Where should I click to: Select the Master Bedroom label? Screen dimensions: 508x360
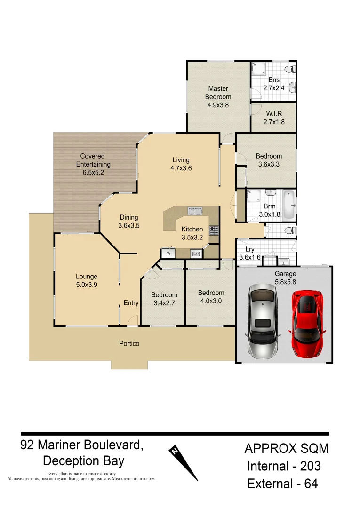(x=218, y=93)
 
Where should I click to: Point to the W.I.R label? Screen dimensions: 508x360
(x=274, y=113)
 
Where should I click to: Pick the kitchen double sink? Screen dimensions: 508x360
(x=195, y=211)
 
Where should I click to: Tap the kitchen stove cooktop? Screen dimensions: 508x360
(x=214, y=230)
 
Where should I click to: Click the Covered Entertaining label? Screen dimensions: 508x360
(x=93, y=160)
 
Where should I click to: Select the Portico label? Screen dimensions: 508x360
(x=129, y=344)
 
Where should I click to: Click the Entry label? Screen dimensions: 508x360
(x=131, y=303)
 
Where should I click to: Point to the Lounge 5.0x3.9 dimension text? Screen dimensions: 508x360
(x=86, y=285)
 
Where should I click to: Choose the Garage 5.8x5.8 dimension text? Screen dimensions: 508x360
(x=285, y=282)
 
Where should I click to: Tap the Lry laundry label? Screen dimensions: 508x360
(x=249, y=249)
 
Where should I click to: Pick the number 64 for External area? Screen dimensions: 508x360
(x=310, y=484)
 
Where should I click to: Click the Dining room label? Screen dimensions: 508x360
(x=128, y=217)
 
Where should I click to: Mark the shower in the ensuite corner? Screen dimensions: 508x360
(x=257, y=70)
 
